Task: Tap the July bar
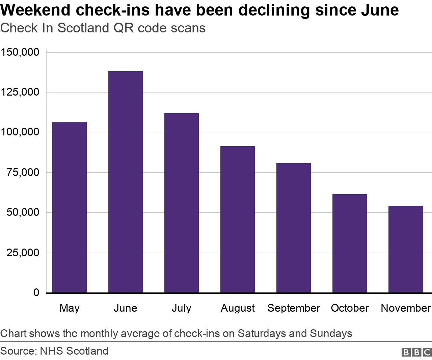[x=181, y=203]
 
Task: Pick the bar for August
[x=237, y=219]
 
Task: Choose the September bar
[x=293, y=228]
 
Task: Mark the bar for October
[x=349, y=243]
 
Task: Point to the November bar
[x=405, y=249]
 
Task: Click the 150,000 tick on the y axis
[x=20, y=52]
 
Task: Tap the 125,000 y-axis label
[x=20, y=92]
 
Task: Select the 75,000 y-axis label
[x=23, y=173]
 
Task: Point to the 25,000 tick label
[x=23, y=253]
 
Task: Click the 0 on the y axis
[x=36, y=292]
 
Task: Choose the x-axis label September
[x=293, y=308]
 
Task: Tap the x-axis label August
[x=238, y=308]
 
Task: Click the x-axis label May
[x=70, y=308]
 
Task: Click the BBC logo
[x=416, y=352]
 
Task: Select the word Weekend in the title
[x=35, y=10]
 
